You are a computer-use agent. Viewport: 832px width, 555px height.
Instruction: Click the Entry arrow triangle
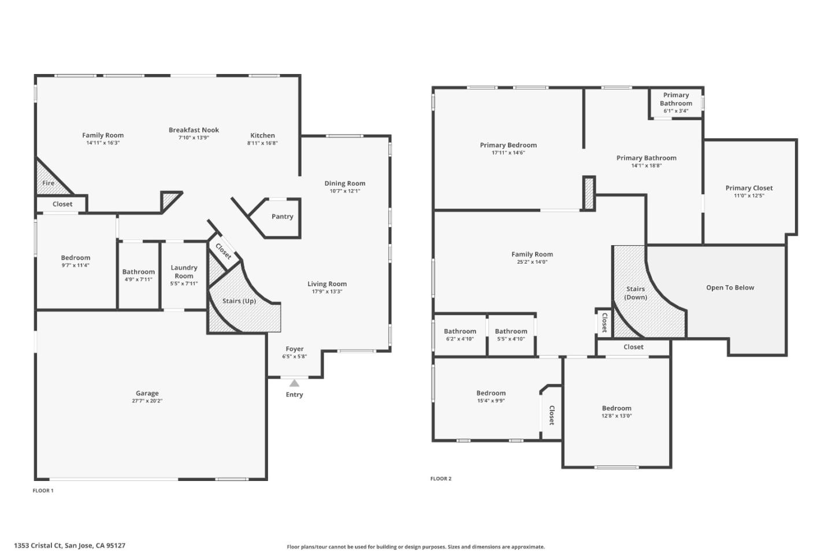[x=294, y=383]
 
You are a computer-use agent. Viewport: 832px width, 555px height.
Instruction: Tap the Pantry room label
[x=283, y=217]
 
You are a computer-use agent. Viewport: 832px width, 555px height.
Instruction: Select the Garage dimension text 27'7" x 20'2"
[x=147, y=401]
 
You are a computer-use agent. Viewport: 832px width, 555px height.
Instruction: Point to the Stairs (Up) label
[x=239, y=301]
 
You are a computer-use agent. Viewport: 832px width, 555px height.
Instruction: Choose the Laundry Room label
[x=184, y=272]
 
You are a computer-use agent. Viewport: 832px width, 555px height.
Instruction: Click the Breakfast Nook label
[x=194, y=130]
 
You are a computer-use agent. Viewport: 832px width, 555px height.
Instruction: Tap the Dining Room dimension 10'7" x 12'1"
[x=345, y=191]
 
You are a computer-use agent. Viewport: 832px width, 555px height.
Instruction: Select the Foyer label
[x=295, y=349]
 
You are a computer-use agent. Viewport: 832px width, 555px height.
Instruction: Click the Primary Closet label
[x=749, y=188]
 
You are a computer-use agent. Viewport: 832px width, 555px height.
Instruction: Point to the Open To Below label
[x=730, y=288]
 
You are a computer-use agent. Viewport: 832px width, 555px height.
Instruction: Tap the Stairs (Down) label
[x=636, y=293]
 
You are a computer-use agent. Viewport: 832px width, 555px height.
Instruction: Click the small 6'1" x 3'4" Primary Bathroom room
[x=675, y=103]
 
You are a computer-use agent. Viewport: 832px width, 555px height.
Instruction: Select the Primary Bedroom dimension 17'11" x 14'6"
[x=508, y=153]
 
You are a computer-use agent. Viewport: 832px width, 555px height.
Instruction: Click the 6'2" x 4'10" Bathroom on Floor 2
[x=460, y=335]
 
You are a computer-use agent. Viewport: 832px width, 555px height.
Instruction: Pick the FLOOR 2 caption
[x=441, y=479]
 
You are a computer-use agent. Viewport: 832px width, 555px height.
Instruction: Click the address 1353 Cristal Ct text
[x=69, y=545]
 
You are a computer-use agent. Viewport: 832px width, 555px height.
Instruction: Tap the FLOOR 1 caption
[x=43, y=491]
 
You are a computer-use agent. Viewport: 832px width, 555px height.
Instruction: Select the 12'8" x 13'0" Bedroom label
[x=616, y=408]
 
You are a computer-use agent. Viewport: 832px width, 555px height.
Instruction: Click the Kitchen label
[x=262, y=135]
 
